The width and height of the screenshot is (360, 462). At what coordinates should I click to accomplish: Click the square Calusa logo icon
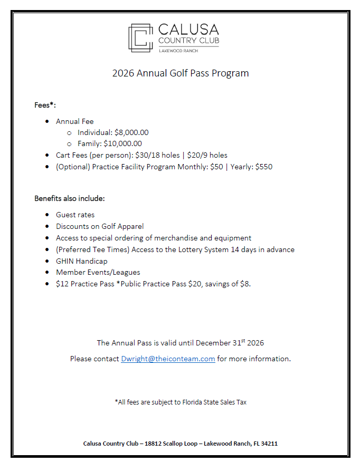(140, 37)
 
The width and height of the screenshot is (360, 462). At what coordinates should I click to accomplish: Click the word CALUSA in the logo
(188, 29)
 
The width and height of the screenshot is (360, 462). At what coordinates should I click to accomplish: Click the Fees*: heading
(45, 105)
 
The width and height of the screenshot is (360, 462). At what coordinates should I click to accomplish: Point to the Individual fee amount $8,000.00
(131, 132)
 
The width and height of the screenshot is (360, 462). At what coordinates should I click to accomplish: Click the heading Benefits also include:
(70, 199)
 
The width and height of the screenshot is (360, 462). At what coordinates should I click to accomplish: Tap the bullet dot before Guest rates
(48, 215)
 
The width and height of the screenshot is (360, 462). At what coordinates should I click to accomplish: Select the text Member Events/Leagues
(98, 272)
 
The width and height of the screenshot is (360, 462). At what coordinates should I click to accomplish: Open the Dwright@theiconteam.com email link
(168, 359)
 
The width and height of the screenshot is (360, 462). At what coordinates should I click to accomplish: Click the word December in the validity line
(213, 343)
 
